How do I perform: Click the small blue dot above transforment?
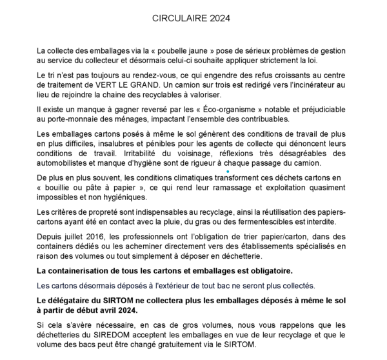click(211, 171)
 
